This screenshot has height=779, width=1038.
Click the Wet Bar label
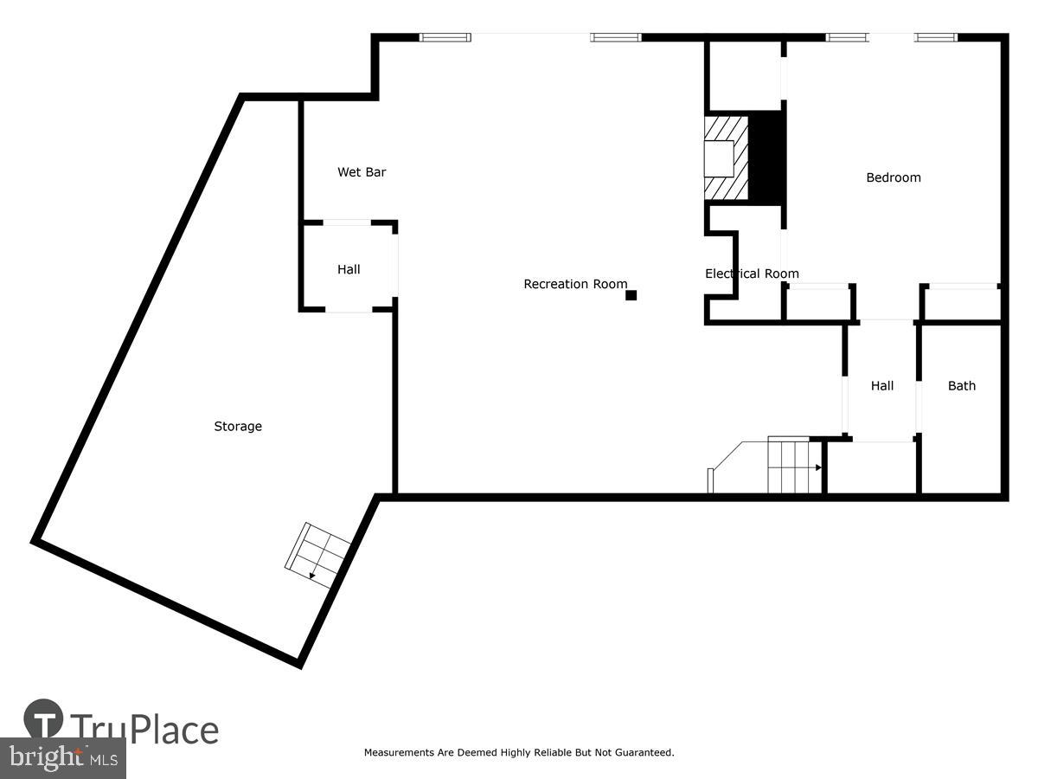362,172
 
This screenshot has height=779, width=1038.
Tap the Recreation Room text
575,284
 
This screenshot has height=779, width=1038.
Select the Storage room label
238,426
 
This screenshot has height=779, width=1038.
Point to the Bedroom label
894,177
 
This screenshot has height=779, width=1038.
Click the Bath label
961,386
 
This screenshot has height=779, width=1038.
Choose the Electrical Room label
752,274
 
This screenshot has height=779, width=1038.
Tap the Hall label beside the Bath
882,386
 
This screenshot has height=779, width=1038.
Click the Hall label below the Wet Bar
349,269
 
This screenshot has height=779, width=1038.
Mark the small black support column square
631,295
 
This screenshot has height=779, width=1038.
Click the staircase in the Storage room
317,555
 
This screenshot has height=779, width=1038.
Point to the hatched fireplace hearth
725,158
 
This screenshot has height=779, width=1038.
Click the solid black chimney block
766,158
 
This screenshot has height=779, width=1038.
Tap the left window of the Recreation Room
445,37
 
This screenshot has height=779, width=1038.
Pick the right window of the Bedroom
936,37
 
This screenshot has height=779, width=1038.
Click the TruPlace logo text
144,729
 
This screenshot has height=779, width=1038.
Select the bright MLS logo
62,757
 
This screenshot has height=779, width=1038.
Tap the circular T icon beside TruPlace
43,719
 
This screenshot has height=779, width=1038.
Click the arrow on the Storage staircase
312,574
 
